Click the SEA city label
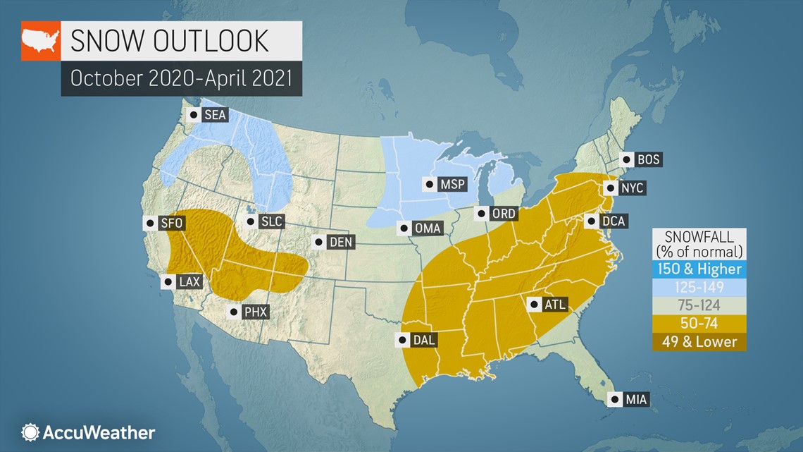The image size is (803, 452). [x=214, y=115]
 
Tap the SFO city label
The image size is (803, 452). [x=171, y=224]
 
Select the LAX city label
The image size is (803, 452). [x=189, y=282]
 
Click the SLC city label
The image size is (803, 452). [x=271, y=221]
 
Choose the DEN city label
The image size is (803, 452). [x=341, y=243]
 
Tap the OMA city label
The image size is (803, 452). [x=428, y=228]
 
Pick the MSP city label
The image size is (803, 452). [x=451, y=185]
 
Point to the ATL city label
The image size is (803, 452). [x=554, y=305]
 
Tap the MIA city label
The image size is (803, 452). [x=635, y=400]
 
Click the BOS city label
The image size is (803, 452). [x=648, y=159]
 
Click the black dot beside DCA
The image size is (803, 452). [x=592, y=221]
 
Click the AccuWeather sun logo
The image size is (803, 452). [x=30, y=432]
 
